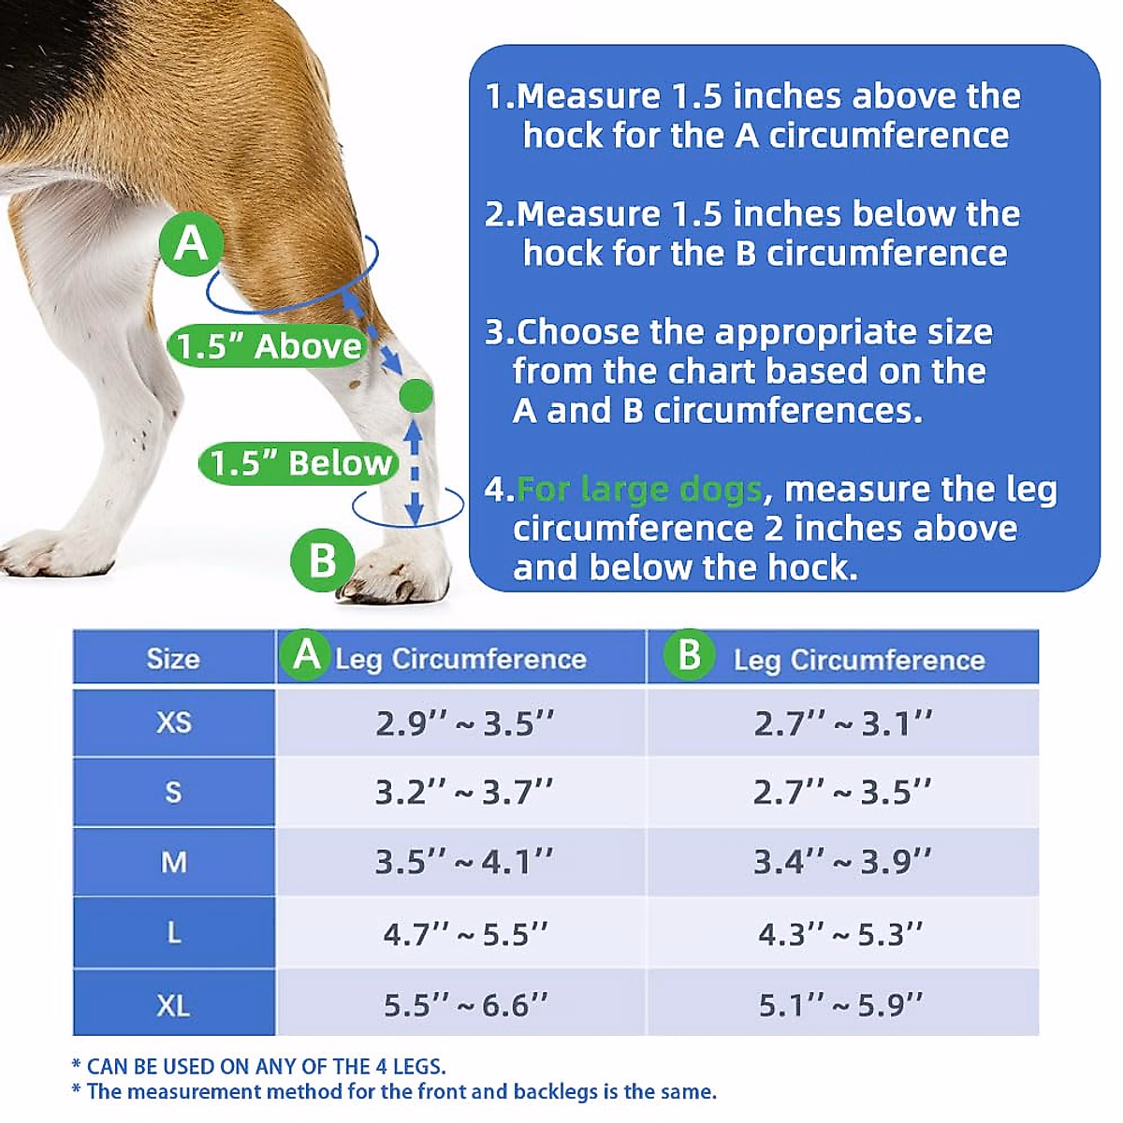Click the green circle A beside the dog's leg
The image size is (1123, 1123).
pyautogui.click(x=191, y=243)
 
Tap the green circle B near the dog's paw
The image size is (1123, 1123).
pyautogui.click(x=322, y=560)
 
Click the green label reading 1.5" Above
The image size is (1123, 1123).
pyautogui.click(x=269, y=346)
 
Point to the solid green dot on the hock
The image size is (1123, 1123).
pyautogui.click(x=416, y=396)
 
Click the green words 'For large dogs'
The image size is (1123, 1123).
pyautogui.click(x=638, y=489)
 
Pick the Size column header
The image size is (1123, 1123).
pyautogui.click(x=173, y=659)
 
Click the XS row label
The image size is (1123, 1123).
pyautogui.click(x=173, y=722)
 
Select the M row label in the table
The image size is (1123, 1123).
pyautogui.click(x=173, y=862)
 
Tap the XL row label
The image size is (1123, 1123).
pyautogui.click(x=173, y=1005)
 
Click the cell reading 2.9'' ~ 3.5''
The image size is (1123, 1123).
pyautogui.click(x=464, y=723)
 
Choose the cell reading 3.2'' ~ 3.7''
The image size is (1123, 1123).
pyautogui.click(x=464, y=793)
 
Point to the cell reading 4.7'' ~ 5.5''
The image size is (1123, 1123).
pyautogui.click(x=464, y=934)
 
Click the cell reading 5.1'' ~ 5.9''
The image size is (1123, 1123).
pyautogui.click(x=840, y=1005)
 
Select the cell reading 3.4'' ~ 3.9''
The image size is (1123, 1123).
pyautogui.click(x=842, y=862)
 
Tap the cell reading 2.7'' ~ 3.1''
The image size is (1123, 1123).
pyautogui.click(x=842, y=723)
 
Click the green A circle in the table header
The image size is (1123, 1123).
pyautogui.click(x=306, y=655)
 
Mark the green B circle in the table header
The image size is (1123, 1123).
pyautogui.click(x=689, y=655)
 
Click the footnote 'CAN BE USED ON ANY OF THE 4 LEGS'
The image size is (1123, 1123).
pyautogui.click(x=266, y=1066)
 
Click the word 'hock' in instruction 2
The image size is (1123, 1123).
pyautogui.click(x=561, y=253)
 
